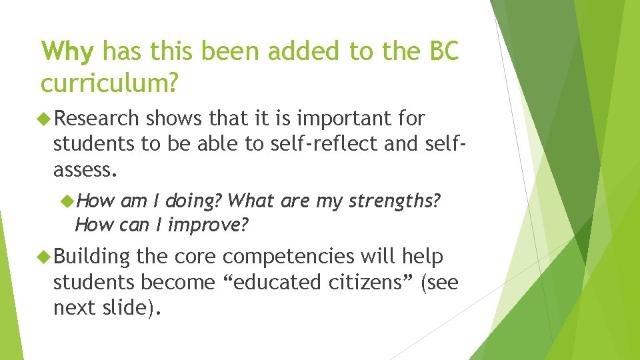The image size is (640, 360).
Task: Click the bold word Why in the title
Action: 68,51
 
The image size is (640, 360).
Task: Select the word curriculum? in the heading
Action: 109,83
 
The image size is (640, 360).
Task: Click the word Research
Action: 97,119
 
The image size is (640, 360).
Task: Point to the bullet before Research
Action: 45,119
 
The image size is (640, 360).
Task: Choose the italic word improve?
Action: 208,225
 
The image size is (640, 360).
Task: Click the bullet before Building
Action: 45,256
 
